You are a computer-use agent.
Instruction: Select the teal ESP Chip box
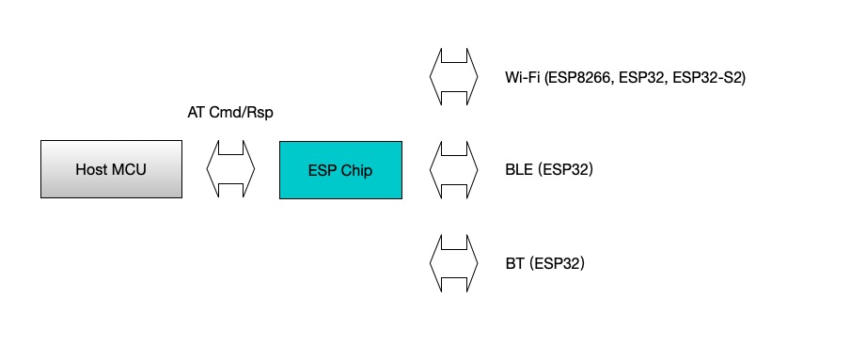(x=340, y=169)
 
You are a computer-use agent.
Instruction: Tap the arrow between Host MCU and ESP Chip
(x=230, y=169)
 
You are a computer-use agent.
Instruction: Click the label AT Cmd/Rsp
(x=230, y=113)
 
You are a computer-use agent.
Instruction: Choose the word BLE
(x=518, y=170)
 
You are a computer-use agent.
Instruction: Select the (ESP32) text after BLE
(x=563, y=170)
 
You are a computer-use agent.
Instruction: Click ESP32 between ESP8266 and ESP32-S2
(x=645, y=78)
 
